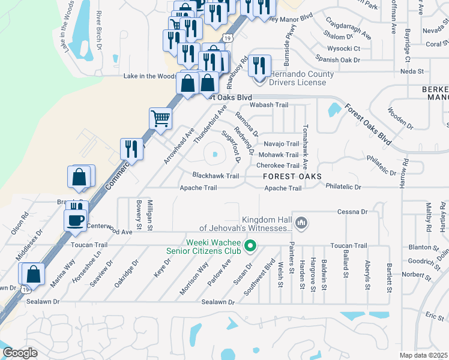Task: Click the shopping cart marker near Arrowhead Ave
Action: coord(160,118)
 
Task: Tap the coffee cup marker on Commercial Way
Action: coord(76,219)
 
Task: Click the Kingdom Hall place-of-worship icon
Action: coord(301,224)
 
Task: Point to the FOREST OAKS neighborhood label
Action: coord(292,176)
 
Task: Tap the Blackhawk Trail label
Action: coord(215,176)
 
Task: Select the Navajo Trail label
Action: coord(281,144)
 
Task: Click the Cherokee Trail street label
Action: coord(277,166)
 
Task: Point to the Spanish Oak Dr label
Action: coord(339,60)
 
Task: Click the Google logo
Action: coord(20,353)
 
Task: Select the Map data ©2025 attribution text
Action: coord(423,355)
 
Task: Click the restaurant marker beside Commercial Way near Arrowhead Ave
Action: coord(131,148)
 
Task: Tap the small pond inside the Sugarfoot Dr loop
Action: coord(214,156)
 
